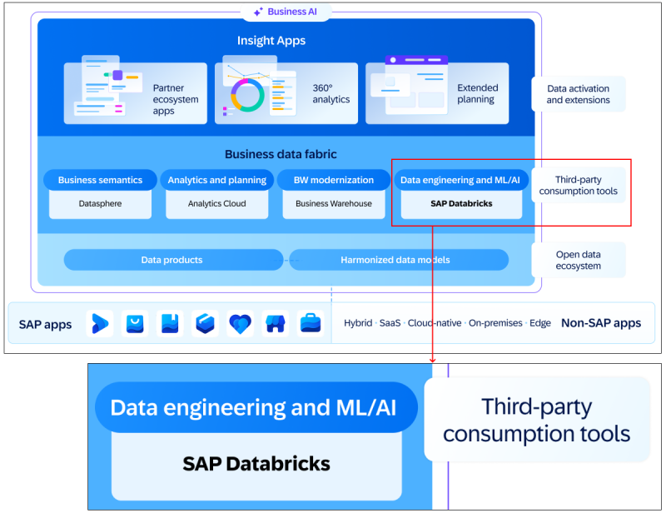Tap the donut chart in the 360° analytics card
[246, 95]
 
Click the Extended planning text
[477, 93]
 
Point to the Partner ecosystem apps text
[176, 99]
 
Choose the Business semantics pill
[100, 180]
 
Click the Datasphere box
[100, 203]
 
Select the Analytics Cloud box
[216, 203]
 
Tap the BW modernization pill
[333, 180]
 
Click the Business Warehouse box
[333, 203]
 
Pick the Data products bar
[171, 260]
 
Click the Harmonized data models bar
[395, 260]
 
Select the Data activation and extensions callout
[578, 94]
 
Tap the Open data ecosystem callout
[578, 260]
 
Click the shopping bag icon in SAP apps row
[135, 323]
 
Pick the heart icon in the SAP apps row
[240, 323]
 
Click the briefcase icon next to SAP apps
[311, 323]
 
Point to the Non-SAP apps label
[600, 323]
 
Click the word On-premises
[496, 323]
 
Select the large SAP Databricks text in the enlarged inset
[256, 464]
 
